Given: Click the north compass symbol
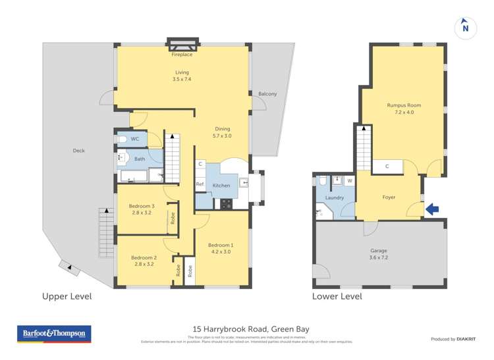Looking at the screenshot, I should click(x=465, y=27).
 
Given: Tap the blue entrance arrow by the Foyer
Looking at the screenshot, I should click(x=432, y=210).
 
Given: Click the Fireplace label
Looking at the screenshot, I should click(x=182, y=55).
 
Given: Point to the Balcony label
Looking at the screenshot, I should click(x=267, y=94).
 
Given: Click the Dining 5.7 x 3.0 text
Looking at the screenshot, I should click(x=223, y=132).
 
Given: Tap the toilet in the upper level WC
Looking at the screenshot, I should click(x=121, y=139).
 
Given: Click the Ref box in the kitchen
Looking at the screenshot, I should click(x=200, y=185).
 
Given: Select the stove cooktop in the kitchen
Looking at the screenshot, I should click(x=226, y=204).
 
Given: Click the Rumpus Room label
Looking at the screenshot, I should click(x=404, y=109).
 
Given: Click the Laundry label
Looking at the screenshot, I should click(x=335, y=197).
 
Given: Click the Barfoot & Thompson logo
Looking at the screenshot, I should click(x=53, y=334).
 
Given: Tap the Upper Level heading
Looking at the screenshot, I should click(x=67, y=297).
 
